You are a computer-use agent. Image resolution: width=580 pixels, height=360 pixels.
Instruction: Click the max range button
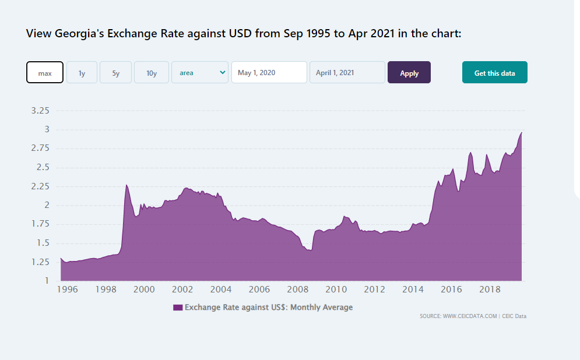point(45,73)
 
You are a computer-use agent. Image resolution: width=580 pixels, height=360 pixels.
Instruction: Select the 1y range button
point(82,73)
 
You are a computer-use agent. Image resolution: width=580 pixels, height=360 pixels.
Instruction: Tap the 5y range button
point(115,73)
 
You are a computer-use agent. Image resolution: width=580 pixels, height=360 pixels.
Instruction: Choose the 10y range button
point(152,73)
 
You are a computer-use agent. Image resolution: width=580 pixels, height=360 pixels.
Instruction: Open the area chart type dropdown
point(200,73)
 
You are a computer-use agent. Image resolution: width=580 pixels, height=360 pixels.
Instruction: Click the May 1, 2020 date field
point(269,73)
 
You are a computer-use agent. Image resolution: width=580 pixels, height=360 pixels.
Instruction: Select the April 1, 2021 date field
point(347,73)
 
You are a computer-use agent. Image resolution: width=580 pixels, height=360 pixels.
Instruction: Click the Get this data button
point(494,73)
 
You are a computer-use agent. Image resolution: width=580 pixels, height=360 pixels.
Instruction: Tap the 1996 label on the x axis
point(67,290)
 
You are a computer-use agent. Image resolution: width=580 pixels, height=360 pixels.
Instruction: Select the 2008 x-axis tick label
point(297,290)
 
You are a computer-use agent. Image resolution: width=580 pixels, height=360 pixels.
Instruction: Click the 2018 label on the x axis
point(490,290)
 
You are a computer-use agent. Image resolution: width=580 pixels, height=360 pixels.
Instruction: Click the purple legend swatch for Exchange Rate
point(178,307)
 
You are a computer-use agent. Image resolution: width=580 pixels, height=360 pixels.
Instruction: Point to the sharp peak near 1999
point(126,185)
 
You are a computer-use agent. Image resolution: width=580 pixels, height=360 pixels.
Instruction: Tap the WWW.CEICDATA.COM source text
point(470,316)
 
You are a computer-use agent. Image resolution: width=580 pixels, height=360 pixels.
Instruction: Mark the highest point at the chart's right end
point(521,132)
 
